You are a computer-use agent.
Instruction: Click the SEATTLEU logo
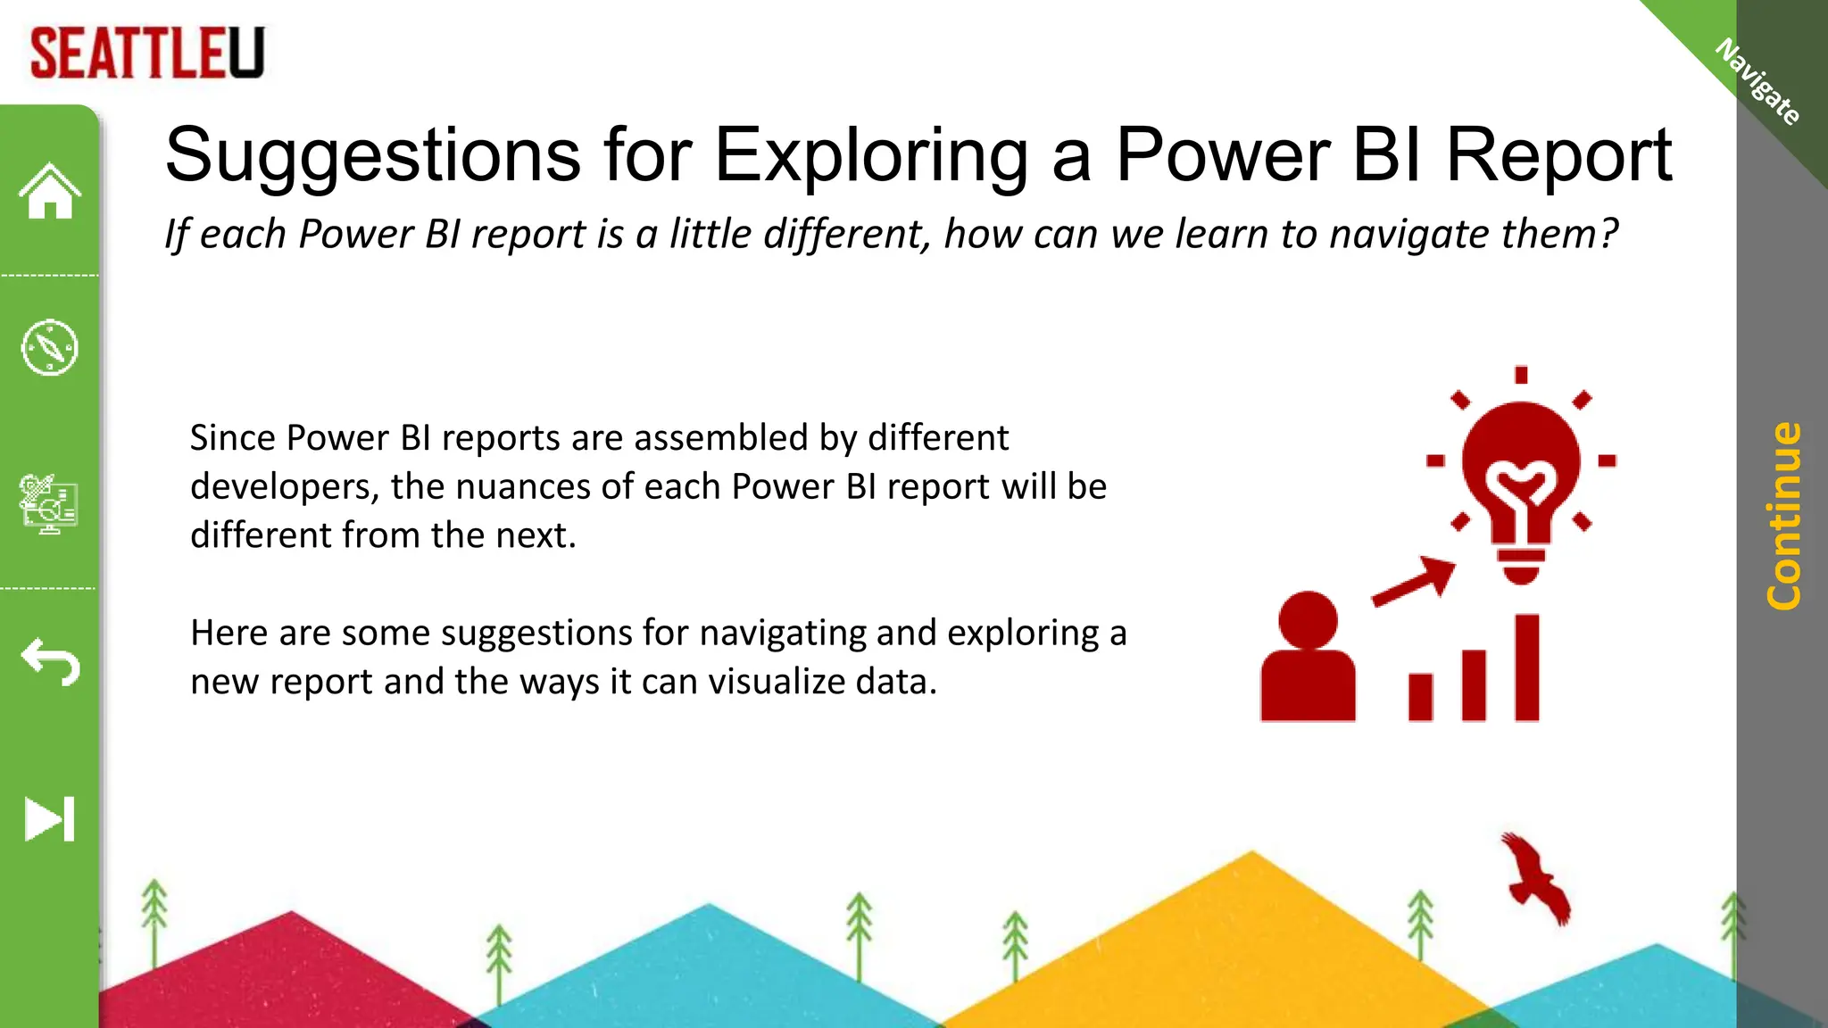[x=147, y=54]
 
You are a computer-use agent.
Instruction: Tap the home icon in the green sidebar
[x=50, y=191]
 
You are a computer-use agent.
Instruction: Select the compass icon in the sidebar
[x=50, y=347]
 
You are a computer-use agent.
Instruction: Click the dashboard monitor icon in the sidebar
[x=50, y=503]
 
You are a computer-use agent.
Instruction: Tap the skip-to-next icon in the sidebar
[x=50, y=819]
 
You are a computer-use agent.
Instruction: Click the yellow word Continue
[x=1783, y=516]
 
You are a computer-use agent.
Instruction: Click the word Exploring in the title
[x=871, y=155]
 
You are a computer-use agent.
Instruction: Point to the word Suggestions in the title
[x=373, y=155]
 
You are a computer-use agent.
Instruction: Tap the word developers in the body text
[x=284, y=487]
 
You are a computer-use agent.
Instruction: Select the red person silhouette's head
[x=1308, y=619]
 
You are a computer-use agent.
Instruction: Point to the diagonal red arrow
[x=1416, y=581]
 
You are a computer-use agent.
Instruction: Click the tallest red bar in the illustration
[x=1526, y=667]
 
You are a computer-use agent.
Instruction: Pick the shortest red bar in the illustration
[x=1420, y=697]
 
